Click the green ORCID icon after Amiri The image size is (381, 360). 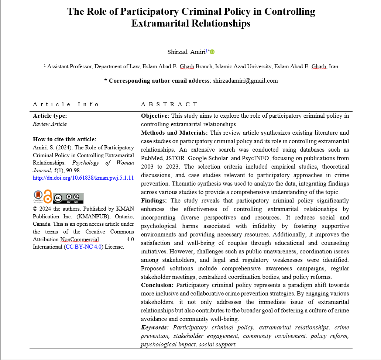tap(212, 52)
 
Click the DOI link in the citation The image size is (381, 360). tap(83, 178)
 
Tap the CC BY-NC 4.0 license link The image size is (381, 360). tap(83, 247)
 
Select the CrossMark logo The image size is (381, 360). tap(38, 196)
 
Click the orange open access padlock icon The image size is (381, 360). tap(48, 196)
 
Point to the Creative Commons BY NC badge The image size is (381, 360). tap(68, 198)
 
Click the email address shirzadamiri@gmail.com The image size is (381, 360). tap(245, 80)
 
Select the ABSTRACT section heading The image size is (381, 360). tap(169, 104)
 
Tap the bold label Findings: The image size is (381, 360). tap(154, 201)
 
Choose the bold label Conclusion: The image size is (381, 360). tap(157, 285)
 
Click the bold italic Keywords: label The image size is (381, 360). tap(155, 328)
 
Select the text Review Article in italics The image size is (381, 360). tap(50, 124)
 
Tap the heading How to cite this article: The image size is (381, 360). tap(65, 139)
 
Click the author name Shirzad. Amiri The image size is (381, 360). tap(187, 52)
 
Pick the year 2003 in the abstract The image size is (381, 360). tap(147, 167)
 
